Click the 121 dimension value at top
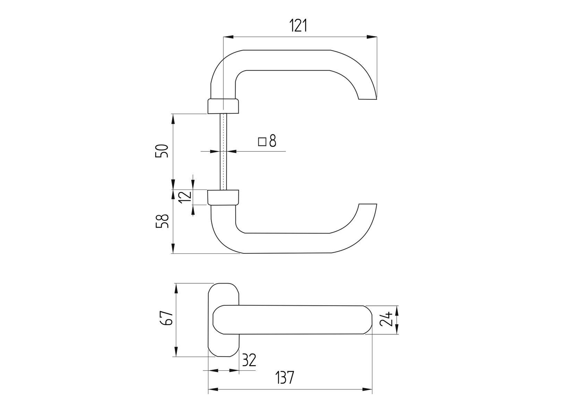(298, 26)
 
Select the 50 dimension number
(162, 151)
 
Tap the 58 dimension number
(162, 221)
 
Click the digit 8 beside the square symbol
(273, 141)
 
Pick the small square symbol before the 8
(262, 142)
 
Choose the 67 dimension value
(167, 318)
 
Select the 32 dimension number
(249, 360)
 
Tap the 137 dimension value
(285, 378)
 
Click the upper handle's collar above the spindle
(223, 106)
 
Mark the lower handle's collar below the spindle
(223, 197)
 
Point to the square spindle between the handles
(223, 152)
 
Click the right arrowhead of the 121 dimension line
(372, 36)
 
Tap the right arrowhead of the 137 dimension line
(367, 389)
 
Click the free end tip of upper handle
(367, 99)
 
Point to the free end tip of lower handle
(367, 204)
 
